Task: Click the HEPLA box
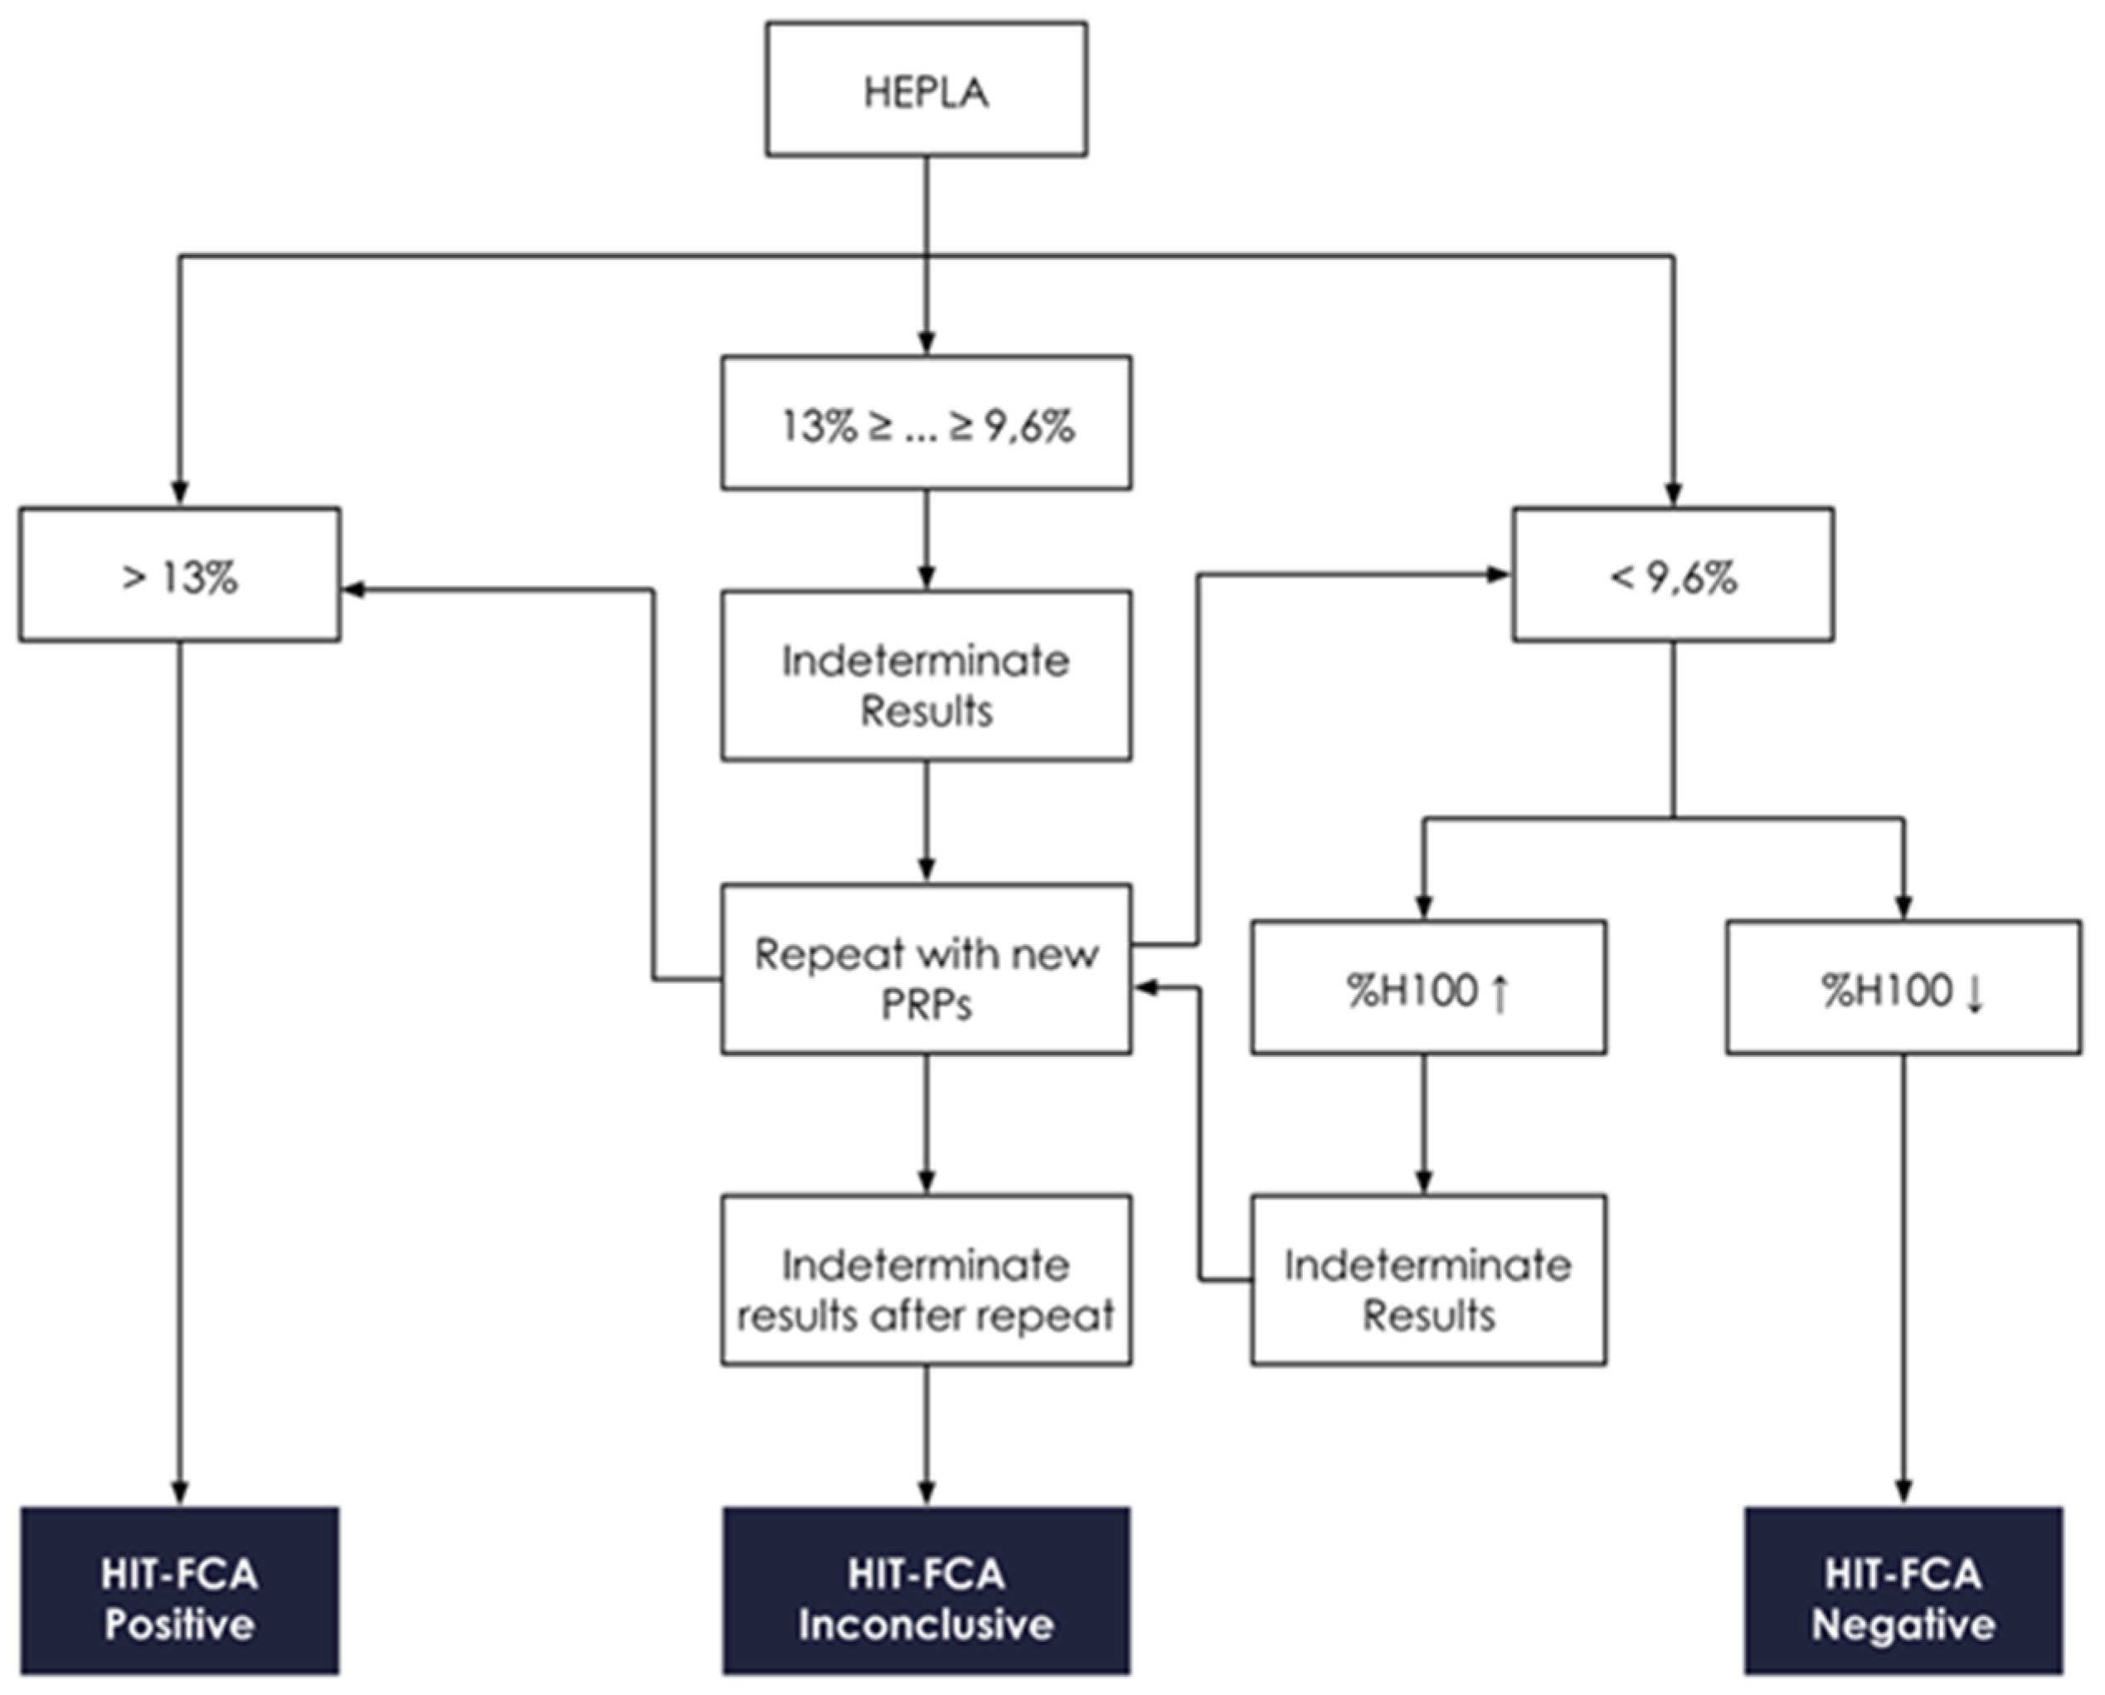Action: coord(926,90)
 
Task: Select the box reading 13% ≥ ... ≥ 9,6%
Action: coord(926,423)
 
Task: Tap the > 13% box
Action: coord(180,575)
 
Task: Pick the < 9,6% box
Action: coord(1673,575)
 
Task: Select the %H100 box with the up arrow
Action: coord(1427,987)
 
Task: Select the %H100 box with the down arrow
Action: coord(1902,987)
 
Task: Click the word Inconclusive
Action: coord(926,1624)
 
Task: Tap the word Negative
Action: coord(1903,1624)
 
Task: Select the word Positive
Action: coord(180,1624)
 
